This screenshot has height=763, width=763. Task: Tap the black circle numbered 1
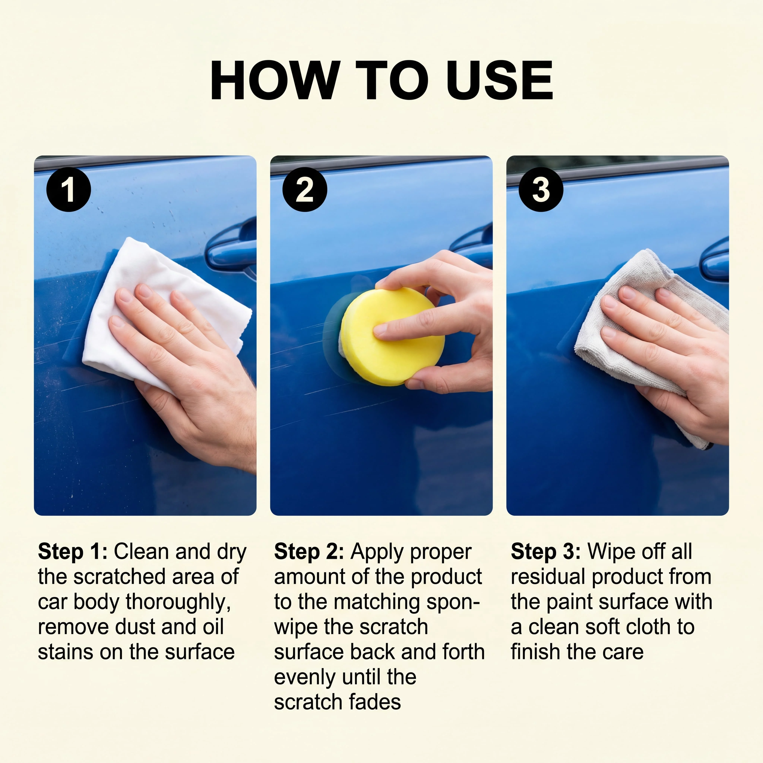(69, 190)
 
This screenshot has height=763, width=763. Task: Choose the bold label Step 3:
(546, 552)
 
